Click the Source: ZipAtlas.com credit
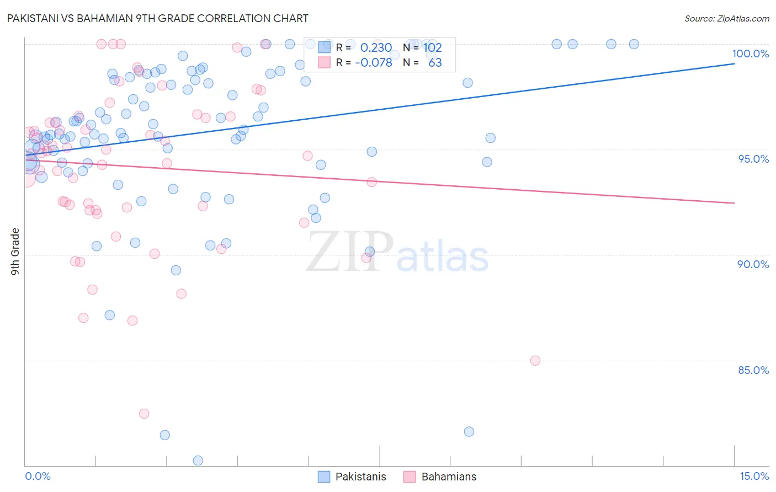[726, 18]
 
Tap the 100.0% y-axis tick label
[750, 54]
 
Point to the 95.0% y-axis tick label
[753, 159]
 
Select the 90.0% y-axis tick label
[753, 264]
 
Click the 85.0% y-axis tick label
[753, 370]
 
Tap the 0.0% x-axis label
[38, 476]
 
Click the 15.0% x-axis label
[754, 476]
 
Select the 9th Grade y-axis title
[15, 252]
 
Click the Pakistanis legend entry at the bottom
[360, 477]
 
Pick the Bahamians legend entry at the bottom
[448, 477]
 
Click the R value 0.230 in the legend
[376, 48]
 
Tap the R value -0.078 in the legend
[374, 62]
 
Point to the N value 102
[433, 48]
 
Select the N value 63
[435, 62]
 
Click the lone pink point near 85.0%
[535, 361]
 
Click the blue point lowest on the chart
[198, 461]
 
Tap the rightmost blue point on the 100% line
[634, 44]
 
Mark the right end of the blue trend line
[734, 63]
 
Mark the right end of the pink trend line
[734, 203]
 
